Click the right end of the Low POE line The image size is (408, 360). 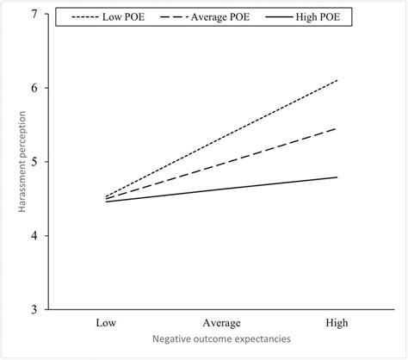[x=337, y=80]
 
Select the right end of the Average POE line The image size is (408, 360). [x=337, y=128]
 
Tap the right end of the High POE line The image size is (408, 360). [x=337, y=177]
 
